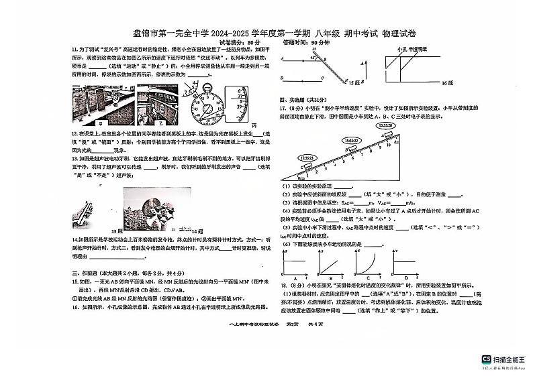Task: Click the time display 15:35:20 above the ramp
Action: tap(385, 125)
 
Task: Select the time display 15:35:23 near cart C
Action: tap(308, 158)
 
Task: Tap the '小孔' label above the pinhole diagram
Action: tap(401, 50)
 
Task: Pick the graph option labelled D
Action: tap(405, 263)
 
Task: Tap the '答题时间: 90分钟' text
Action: tap(306, 42)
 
